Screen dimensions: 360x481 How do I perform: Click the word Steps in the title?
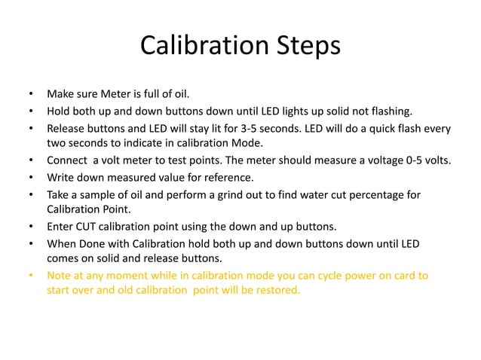(x=303, y=48)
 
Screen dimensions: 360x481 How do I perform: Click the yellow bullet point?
(x=31, y=276)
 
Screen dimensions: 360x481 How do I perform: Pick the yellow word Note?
(x=60, y=276)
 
